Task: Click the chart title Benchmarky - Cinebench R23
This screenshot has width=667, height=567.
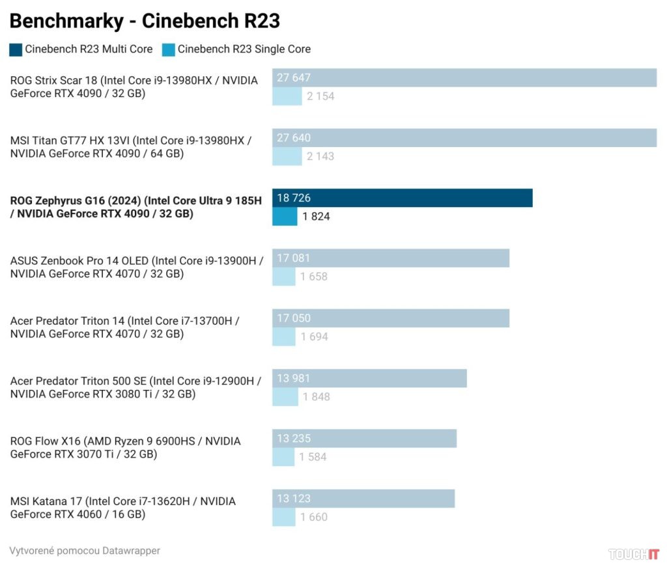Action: [x=145, y=21]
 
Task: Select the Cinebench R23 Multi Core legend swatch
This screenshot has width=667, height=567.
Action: [x=16, y=49]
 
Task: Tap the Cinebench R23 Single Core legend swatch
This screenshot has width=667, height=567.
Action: [x=169, y=49]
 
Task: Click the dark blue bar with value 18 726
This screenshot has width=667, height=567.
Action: [x=402, y=198]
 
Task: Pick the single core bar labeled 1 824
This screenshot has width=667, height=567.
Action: [x=285, y=216]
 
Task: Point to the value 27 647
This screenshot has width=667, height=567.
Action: [x=294, y=78]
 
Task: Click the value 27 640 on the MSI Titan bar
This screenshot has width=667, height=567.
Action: [x=294, y=138]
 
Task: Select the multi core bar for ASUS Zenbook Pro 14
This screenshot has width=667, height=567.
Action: [x=391, y=258]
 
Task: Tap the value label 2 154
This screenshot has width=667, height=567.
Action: [x=320, y=96]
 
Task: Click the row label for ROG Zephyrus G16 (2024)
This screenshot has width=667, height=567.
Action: [x=136, y=207]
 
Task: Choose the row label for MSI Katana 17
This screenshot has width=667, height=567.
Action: [x=123, y=508]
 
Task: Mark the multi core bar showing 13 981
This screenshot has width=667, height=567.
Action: [x=369, y=378]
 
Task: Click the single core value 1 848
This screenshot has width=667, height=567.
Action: [x=316, y=396]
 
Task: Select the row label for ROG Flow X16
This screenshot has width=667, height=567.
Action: [x=126, y=447]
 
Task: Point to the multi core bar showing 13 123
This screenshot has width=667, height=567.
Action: [x=363, y=499]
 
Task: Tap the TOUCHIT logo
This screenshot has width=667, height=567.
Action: [x=633, y=554]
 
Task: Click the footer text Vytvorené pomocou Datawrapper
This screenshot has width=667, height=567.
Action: [x=85, y=551]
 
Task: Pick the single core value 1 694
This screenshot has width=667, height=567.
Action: [x=314, y=337]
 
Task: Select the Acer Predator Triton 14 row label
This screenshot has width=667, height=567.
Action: [x=125, y=327]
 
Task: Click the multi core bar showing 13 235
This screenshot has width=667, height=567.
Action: [x=364, y=439]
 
